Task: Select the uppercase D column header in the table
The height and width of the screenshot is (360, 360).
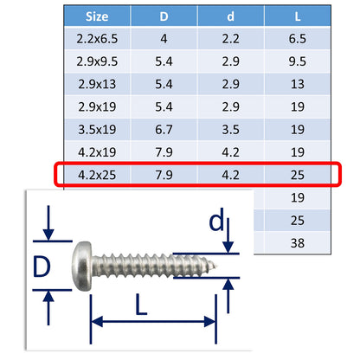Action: pyautogui.click(x=165, y=16)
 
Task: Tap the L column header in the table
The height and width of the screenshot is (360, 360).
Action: pyautogui.click(x=299, y=16)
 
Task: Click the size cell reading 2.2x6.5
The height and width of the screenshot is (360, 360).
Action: pyautogui.click(x=96, y=39)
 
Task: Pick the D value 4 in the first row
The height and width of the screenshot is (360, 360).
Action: pyautogui.click(x=165, y=39)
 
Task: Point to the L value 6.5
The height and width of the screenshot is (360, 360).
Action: pyautogui.click(x=299, y=39)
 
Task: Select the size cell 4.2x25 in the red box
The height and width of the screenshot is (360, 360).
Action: pyautogui.click(x=96, y=176)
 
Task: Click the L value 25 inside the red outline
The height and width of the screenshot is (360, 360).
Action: pyautogui.click(x=299, y=176)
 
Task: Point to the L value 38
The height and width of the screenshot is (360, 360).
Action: pyautogui.click(x=299, y=242)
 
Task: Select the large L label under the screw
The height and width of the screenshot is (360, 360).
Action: pyautogui.click(x=153, y=306)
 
